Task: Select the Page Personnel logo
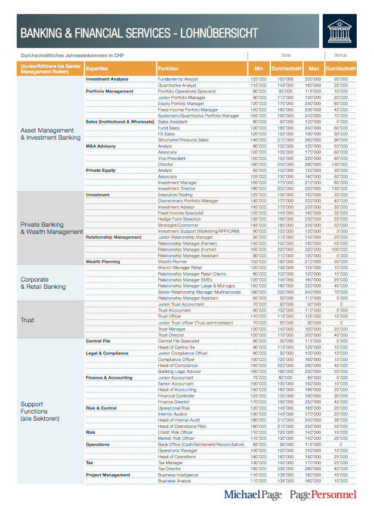click(323, 494)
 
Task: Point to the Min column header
click(258, 69)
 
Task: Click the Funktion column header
click(168, 69)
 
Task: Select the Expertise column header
click(97, 69)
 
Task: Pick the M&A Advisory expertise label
click(101, 146)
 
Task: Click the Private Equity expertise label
click(101, 170)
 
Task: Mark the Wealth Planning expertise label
click(103, 261)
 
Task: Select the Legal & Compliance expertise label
click(107, 353)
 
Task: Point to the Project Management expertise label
click(108, 475)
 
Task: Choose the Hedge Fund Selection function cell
click(180, 219)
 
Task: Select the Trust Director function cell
click(171, 335)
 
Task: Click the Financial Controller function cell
click(177, 396)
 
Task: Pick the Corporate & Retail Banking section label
click(43, 283)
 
